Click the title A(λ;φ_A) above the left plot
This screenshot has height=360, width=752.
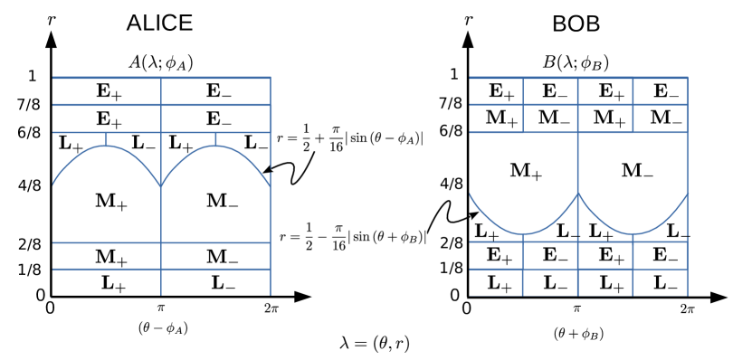tap(162, 62)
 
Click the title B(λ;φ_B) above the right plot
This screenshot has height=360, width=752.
tap(576, 62)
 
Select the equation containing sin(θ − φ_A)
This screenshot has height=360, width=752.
tap(350, 137)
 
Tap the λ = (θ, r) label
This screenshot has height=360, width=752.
tap(375, 343)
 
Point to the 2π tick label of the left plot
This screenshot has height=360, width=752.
tap(271, 308)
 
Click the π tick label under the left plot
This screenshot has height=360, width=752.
tap(161, 308)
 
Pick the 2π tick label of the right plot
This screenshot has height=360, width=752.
tap(687, 308)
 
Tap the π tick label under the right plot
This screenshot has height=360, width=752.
tap(577, 308)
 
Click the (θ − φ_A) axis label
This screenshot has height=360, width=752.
tap(163, 327)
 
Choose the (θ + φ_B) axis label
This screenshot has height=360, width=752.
tap(578, 334)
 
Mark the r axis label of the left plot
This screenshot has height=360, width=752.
tap(52, 21)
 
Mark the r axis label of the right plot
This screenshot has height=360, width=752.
tap(468, 21)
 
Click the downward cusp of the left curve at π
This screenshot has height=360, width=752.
tap(161, 186)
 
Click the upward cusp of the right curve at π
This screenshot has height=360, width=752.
tap(578, 193)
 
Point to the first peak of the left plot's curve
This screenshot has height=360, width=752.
tap(107, 146)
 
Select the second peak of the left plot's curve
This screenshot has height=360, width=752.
tap(215, 146)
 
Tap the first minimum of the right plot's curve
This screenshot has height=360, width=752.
tap(523, 234)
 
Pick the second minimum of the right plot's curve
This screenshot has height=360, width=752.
tap(633, 234)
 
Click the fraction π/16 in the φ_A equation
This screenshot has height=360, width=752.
tap(336, 139)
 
